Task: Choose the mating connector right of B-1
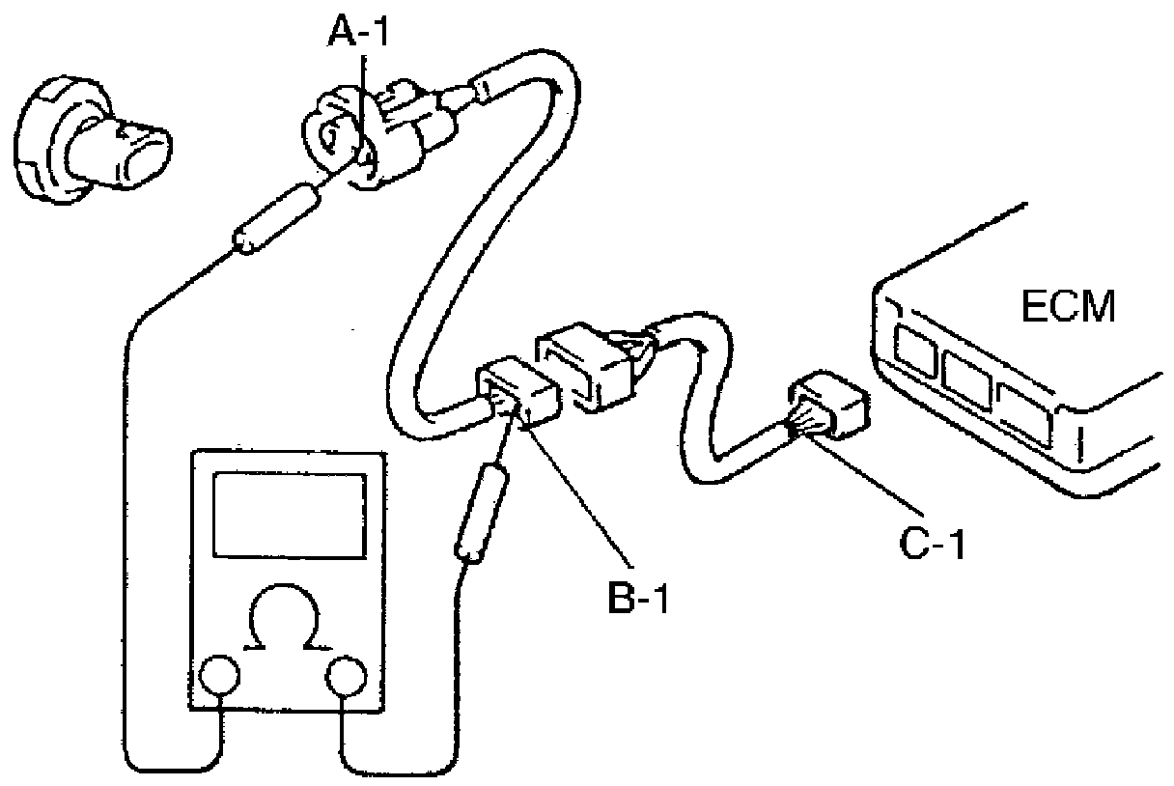click(589, 367)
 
